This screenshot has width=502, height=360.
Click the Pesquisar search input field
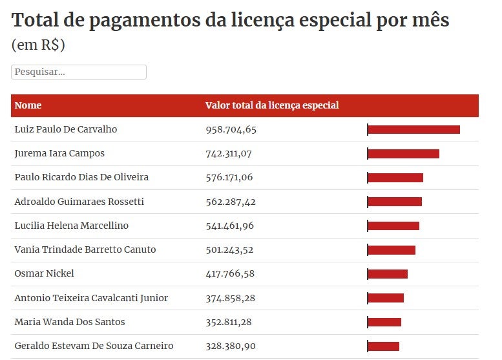(x=79, y=72)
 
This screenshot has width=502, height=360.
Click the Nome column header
(x=28, y=105)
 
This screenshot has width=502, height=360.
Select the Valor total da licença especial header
(x=272, y=105)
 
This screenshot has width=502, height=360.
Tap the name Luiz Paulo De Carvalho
(x=66, y=129)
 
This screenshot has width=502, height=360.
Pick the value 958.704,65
(x=231, y=129)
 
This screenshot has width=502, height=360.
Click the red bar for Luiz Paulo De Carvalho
(x=413, y=129)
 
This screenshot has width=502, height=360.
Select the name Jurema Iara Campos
(x=59, y=153)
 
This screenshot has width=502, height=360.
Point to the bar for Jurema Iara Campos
(x=403, y=154)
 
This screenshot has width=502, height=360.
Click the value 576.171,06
(x=229, y=177)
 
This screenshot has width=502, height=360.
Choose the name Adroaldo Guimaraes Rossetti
(x=79, y=202)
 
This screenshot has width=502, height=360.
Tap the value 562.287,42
(x=231, y=202)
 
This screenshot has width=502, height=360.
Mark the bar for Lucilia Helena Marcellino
(x=393, y=226)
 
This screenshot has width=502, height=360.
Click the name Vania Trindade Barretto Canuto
(x=85, y=249)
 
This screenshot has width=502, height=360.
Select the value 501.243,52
(x=230, y=249)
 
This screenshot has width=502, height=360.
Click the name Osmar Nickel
(x=44, y=273)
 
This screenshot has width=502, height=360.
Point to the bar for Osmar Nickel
(x=388, y=274)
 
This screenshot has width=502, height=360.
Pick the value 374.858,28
(x=230, y=298)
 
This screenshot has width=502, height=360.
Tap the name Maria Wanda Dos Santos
(x=70, y=322)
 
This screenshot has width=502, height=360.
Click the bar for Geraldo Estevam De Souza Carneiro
(x=383, y=346)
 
